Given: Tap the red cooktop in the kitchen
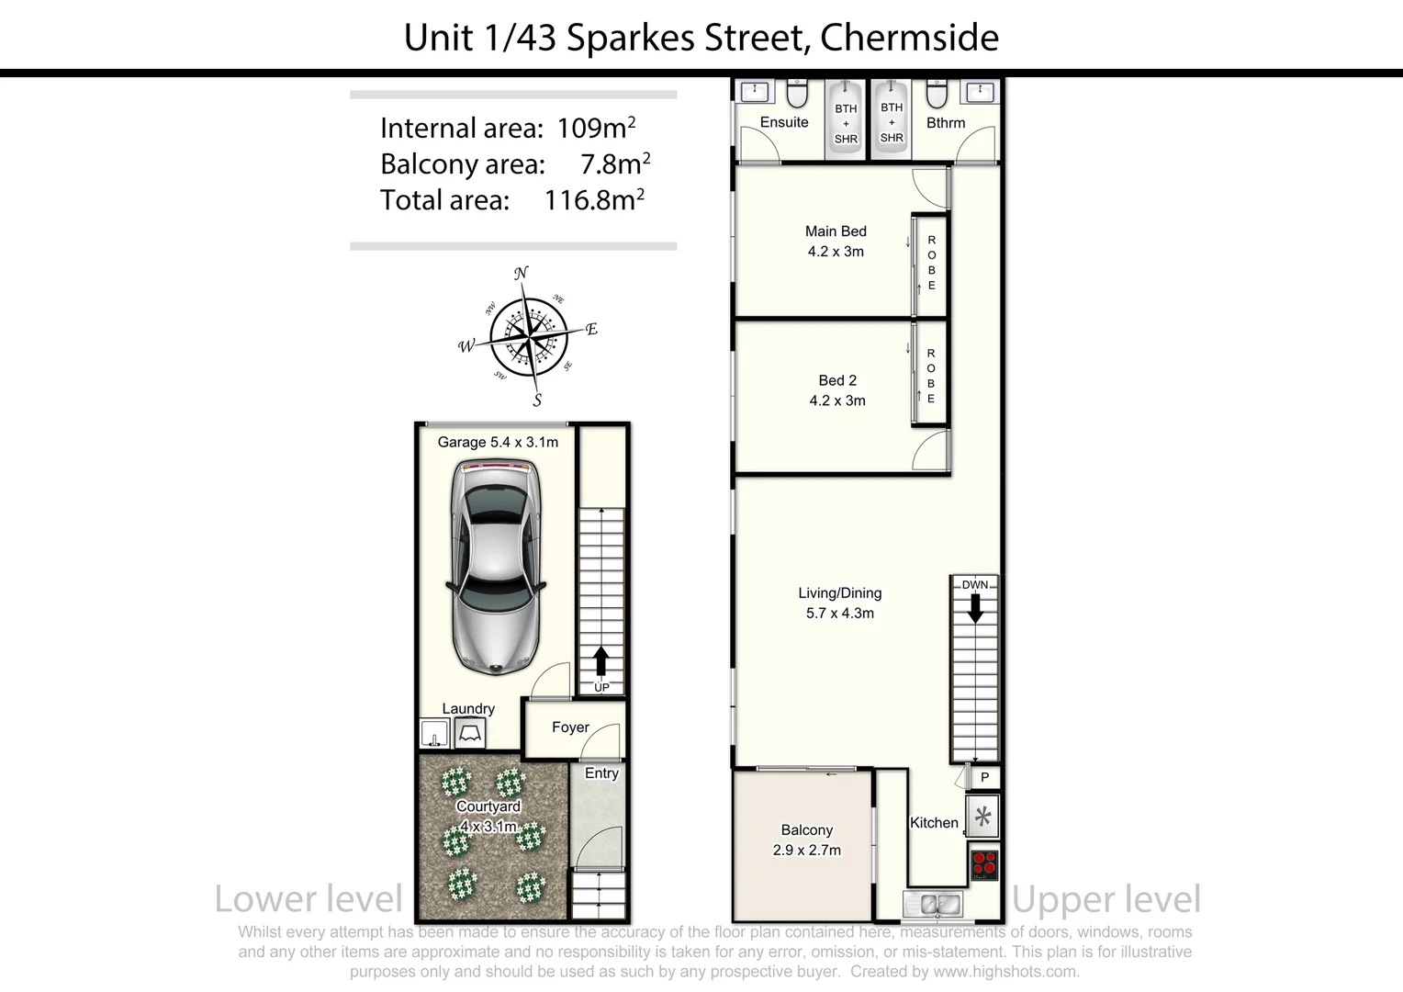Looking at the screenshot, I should tap(983, 864).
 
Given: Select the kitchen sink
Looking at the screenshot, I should tap(932, 904).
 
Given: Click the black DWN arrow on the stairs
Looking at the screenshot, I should tap(975, 607).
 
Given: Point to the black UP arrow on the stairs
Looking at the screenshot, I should tap(601, 660).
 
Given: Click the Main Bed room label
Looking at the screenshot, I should tap(836, 231).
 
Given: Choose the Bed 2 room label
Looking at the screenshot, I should tap(837, 380).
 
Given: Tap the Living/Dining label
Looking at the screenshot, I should tap(839, 593).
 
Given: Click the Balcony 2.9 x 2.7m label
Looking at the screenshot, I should tap(806, 840).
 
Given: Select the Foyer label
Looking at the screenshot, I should tap(570, 727).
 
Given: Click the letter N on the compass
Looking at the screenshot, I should tap(521, 273).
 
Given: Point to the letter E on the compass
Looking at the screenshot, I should tap(591, 329).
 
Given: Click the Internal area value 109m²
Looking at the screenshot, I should tap(596, 128).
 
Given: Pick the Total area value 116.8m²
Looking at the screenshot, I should tap(594, 199).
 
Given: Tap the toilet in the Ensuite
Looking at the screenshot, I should tap(797, 94).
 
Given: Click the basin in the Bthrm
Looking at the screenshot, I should tap(980, 92).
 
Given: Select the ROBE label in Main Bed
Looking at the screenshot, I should tap(931, 263).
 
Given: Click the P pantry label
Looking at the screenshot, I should tap(984, 778).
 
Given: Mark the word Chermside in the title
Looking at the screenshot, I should tap(909, 38).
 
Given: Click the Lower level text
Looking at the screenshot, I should tap(309, 899).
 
